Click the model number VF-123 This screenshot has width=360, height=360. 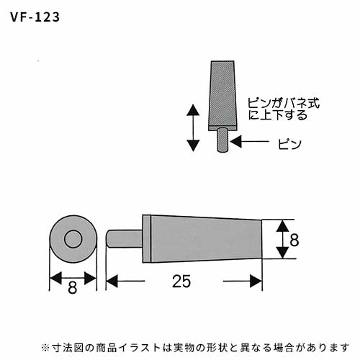coord(35,17)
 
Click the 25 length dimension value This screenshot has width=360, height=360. coord(181,281)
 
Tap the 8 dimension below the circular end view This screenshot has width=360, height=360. coord(73,287)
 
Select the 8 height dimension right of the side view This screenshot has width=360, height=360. coord(294,240)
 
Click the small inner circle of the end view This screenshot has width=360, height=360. coord(73,239)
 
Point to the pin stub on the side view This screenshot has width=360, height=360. coord(125,238)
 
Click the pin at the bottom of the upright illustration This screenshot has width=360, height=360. coord(222,140)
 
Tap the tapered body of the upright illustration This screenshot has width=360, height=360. coord(222,96)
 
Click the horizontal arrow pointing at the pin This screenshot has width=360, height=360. coord(249,141)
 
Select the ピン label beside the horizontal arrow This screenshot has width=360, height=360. coord(289,144)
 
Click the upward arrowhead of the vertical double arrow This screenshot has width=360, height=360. coord(193,110)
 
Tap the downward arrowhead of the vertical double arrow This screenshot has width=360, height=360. coord(193,145)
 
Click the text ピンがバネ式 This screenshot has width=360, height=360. coord(284,104)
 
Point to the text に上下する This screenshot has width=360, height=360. coord(278,114)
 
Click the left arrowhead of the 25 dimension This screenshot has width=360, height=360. coord(112,281)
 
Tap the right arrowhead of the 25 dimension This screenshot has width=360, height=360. coord(256,281)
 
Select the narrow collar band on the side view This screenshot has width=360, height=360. coord(146,239)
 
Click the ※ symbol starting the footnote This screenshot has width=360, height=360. coord(45,348)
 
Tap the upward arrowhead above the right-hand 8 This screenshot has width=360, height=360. coord(282,226)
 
